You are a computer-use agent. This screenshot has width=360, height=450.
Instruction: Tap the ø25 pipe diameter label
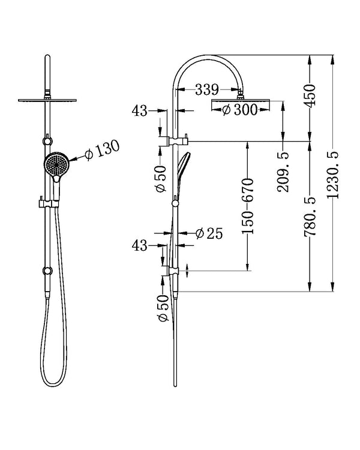209,233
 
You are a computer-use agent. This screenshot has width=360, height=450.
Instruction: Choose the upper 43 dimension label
139,111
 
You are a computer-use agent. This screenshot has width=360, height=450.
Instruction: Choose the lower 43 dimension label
139,245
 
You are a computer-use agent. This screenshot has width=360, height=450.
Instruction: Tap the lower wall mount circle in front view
46,271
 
